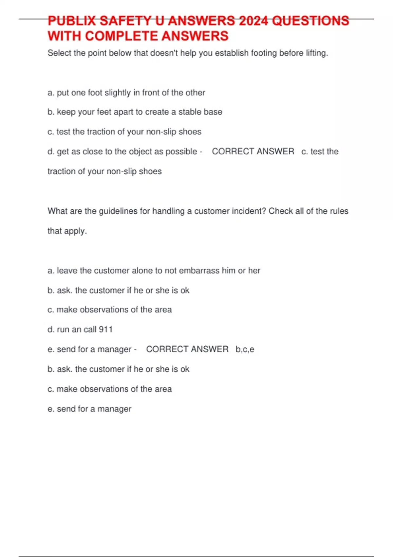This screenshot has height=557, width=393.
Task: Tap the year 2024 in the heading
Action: [x=253, y=21]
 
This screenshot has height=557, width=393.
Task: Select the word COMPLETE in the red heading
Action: [x=122, y=36]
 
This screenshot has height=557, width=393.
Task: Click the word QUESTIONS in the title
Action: [x=310, y=21]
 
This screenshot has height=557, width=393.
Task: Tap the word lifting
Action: [x=316, y=53]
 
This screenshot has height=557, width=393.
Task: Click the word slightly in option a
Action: [x=118, y=93]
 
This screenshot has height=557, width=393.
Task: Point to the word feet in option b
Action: [x=104, y=112]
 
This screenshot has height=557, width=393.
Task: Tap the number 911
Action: [x=106, y=330]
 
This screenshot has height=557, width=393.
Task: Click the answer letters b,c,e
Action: [x=245, y=350]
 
